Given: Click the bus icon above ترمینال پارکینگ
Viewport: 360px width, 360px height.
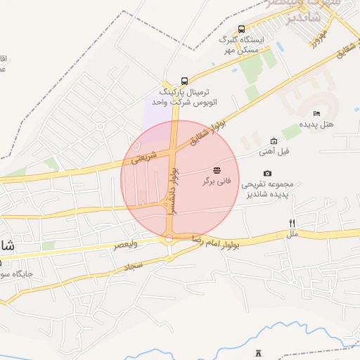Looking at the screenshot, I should tap(184, 81).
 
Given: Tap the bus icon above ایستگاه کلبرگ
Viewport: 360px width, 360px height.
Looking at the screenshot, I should tap(242, 29).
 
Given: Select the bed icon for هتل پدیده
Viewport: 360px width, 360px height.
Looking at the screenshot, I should tap(316, 113).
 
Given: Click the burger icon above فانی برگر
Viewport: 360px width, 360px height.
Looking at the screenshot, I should tap(217, 170).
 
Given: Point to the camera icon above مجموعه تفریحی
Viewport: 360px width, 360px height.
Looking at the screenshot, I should tap(267, 174).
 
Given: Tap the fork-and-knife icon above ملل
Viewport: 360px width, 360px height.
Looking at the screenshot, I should tap(292, 223).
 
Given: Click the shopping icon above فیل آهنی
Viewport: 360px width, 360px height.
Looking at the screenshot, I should tap(274, 141).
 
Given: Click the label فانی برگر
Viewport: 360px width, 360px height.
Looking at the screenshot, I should tap(217, 181).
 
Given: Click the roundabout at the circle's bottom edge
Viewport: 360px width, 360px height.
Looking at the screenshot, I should tap(169, 240).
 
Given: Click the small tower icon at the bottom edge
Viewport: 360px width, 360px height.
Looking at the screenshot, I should tap(257, 351).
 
